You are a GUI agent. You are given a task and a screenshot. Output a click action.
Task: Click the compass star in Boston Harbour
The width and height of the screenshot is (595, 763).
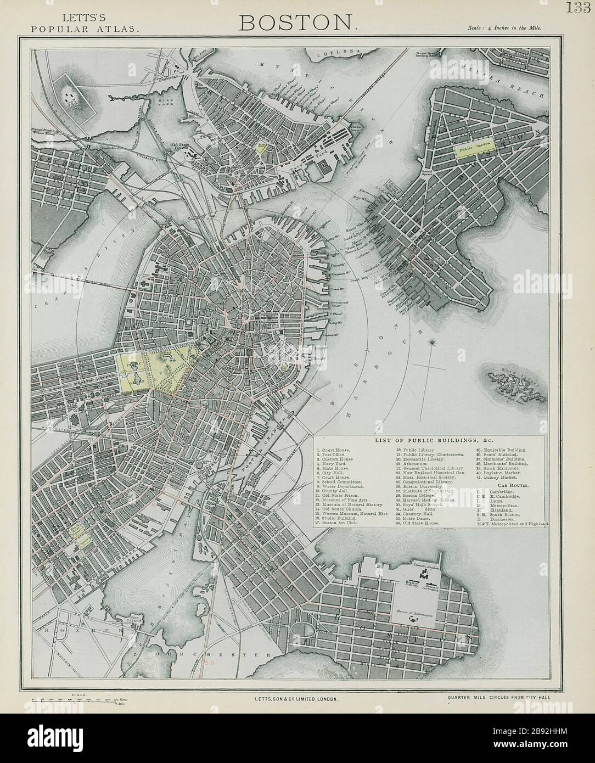(433, 343)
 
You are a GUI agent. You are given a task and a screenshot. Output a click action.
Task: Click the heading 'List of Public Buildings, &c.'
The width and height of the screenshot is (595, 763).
(428, 440)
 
